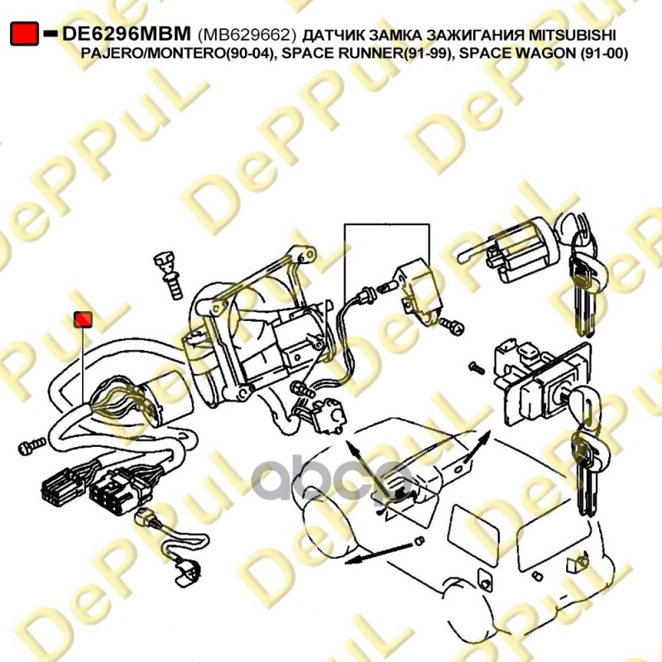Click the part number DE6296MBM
coord(127,33)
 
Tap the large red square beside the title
coord(24,33)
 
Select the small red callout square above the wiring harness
coord(84,319)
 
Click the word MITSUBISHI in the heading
coord(573,35)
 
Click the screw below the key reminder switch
coord(452,325)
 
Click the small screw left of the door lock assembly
coord(477,367)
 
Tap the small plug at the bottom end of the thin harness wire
coord(188,573)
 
